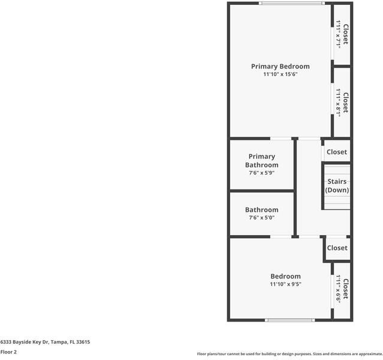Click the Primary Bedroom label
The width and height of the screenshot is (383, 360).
[x=280, y=67]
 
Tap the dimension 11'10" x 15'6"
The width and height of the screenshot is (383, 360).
[x=280, y=75]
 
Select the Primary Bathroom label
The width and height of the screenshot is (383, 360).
[x=261, y=161]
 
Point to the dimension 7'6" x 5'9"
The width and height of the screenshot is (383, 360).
[x=261, y=173]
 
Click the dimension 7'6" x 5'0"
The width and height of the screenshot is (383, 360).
[x=261, y=218]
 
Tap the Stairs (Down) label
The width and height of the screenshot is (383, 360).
[x=337, y=186]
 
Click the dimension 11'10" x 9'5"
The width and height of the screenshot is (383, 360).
[x=285, y=284]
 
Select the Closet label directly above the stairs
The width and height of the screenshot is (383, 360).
[x=337, y=152]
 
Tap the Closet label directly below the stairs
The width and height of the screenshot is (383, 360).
[x=337, y=248]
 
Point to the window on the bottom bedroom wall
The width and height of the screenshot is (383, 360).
[x=290, y=320]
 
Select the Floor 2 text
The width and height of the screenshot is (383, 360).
[x=8, y=352]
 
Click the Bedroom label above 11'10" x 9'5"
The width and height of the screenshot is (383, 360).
[x=285, y=277]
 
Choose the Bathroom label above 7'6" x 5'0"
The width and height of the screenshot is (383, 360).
[x=261, y=210]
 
